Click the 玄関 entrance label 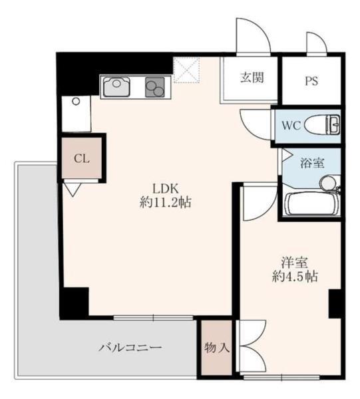point(252,78)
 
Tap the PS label point(311,81)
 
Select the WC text point(291,125)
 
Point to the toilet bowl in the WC point(322,124)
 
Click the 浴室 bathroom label point(312,163)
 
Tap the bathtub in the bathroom point(312,204)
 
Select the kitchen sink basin point(116,86)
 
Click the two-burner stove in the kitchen point(154,87)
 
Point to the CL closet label point(81,159)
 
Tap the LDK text point(165,189)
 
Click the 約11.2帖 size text point(165,203)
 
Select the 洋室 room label point(295,263)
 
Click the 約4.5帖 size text point(295,277)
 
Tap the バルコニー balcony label point(130,347)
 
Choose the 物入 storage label point(217,347)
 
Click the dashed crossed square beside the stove point(186,70)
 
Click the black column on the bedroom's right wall point(335,304)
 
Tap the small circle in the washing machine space point(76,102)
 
